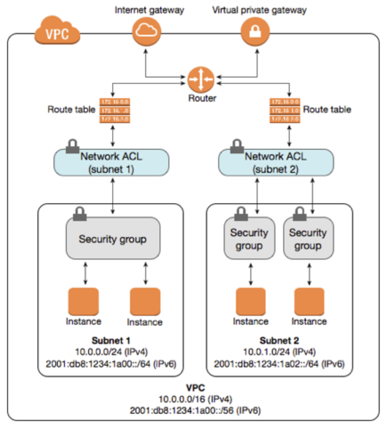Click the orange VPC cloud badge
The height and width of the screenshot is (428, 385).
[57, 32]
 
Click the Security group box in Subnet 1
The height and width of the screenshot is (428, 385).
[112, 239]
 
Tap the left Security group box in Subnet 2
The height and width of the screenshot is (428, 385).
[249, 239]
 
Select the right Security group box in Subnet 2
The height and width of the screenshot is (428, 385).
[307, 239]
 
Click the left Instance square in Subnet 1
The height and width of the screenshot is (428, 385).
[83, 301]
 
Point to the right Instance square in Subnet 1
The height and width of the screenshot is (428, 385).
[145, 301]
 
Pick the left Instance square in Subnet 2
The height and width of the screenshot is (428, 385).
[250, 301]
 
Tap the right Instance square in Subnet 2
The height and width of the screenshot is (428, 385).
[309, 301]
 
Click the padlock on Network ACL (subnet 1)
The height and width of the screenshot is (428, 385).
[72, 146]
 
